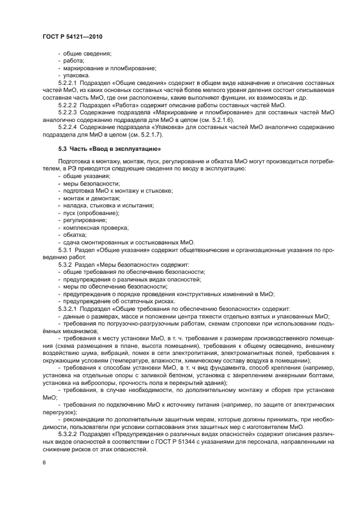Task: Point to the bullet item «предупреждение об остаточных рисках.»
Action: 119,301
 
